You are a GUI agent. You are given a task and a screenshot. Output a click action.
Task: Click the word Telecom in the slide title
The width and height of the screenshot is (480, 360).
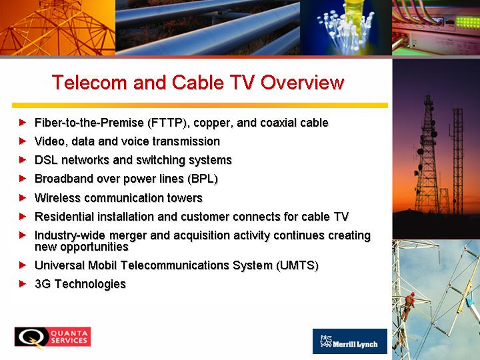click(89, 83)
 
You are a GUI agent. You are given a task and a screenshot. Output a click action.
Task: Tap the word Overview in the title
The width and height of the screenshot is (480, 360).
click(303, 83)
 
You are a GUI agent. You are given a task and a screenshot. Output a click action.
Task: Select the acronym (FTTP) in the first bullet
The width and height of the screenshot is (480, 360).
click(167, 123)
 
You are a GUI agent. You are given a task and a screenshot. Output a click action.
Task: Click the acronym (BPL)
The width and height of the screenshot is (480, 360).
click(203, 179)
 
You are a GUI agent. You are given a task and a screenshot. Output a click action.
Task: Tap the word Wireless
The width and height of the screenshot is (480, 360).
click(57, 198)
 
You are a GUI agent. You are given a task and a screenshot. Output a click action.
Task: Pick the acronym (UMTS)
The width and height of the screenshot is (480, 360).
click(297, 265)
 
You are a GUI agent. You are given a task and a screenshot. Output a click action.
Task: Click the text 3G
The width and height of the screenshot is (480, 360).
click(43, 284)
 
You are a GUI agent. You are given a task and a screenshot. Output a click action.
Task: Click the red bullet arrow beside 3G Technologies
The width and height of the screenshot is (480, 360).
click(23, 284)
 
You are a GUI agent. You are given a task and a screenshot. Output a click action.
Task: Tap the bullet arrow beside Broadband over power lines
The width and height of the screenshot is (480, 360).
click(23, 179)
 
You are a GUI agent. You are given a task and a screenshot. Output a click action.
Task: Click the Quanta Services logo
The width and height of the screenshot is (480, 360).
click(53, 337)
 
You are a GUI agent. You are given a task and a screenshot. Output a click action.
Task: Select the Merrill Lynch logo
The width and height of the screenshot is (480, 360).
click(350, 341)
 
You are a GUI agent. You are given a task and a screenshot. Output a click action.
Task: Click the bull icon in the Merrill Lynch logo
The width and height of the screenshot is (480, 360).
click(326, 341)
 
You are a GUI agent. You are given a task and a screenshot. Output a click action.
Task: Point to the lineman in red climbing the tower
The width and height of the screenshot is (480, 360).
click(408, 305)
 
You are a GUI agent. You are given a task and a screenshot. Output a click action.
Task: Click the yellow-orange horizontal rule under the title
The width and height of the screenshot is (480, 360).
click(200, 105)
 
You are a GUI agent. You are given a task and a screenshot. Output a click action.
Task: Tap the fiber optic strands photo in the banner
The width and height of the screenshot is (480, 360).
click(346, 27)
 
